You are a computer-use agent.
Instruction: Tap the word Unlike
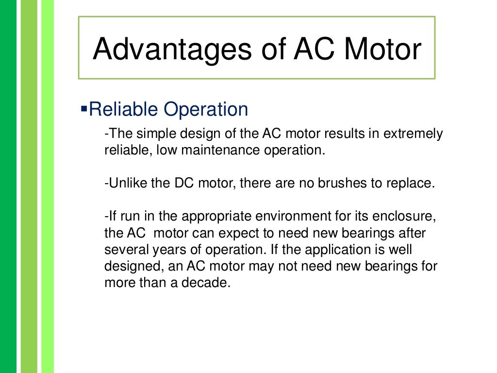tap(123, 184)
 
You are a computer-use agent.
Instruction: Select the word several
tap(122, 250)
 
